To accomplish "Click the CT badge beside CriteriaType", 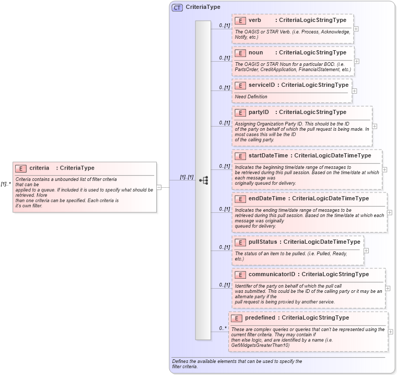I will (178, 7).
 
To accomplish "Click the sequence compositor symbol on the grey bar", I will (203, 180).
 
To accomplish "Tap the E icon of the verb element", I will (240, 20).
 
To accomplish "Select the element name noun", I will (255, 53).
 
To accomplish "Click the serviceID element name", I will (261, 85).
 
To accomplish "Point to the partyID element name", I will (259, 112).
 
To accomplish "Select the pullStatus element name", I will (263, 242).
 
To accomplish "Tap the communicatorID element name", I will (272, 275).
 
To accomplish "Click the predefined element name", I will (260, 318).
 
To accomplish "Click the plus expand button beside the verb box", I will (356, 29).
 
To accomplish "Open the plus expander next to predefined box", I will (391, 332).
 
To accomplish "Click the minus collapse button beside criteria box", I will (159, 187).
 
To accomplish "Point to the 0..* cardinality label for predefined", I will (223, 328).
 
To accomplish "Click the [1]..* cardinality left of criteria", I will (6, 184).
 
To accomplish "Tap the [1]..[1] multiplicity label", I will (186, 177).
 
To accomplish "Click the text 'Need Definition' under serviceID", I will (251, 97).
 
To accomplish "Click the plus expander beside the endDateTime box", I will (390, 212).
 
